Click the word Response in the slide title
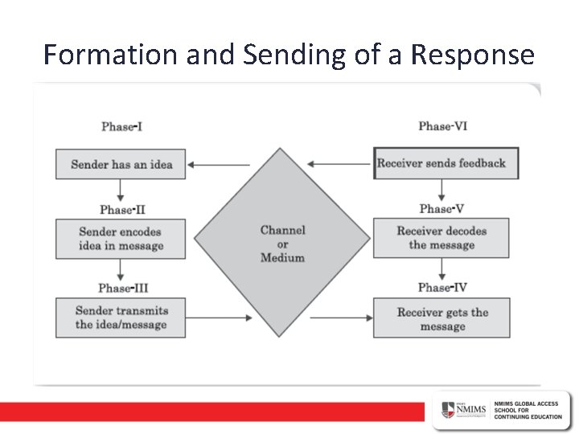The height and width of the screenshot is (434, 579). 472,55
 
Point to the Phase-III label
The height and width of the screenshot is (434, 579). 123,288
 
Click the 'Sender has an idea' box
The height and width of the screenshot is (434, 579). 121,165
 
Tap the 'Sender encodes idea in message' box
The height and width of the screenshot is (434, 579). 121,239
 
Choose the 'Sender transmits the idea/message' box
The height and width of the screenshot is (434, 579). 121,317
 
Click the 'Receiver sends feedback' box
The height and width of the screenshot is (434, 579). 446,163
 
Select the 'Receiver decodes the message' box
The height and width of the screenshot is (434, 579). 441,238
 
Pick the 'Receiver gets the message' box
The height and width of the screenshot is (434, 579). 441,318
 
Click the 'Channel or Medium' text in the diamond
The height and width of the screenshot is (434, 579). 282,244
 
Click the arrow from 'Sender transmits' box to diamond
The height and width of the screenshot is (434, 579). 219,317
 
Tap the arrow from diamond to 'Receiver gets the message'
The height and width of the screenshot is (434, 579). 341,317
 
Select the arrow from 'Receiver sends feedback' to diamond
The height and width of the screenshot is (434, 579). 340,164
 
